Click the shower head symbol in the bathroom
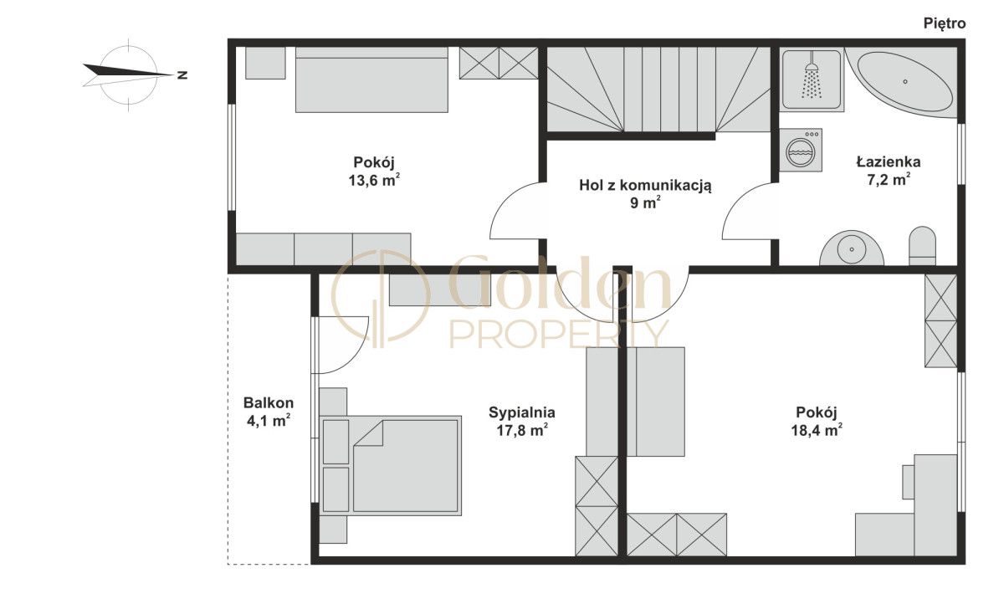point(812,80)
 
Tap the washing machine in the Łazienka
point(801,150)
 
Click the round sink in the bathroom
point(851,248)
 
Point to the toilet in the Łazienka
point(922,246)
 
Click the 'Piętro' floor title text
point(945,23)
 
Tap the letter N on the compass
point(182,74)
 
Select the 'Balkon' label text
point(269,402)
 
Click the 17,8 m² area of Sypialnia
point(522,431)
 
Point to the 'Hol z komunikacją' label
point(645,185)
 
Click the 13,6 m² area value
point(374,180)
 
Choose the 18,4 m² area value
point(817,430)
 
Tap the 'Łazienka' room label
point(889,161)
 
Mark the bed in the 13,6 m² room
point(371,79)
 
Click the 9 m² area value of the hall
point(645,203)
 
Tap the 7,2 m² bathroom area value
point(889,180)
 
